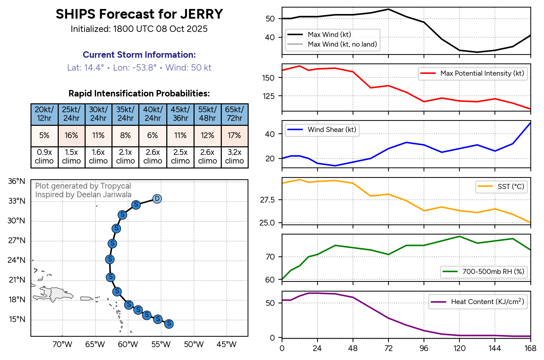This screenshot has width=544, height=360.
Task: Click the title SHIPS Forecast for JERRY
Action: [x=139, y=14]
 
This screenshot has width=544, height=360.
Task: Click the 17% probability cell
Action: [x=234, y=136]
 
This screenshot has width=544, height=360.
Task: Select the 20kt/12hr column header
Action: [x=44, y=114]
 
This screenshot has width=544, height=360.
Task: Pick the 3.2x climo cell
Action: [x=234, y=157]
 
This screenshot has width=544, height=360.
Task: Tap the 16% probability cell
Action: [x=71, y=136]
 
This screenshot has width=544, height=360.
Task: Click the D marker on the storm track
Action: [x=157, y=199]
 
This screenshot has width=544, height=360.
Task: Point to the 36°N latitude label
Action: [x=17, y=181]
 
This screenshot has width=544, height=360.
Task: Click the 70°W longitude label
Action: [x=62, y=345]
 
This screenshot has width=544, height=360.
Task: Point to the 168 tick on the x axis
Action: [x=530, y=349]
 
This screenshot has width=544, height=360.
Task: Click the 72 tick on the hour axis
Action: [x=388, y=349]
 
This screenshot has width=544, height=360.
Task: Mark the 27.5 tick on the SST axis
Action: [x=267, y=200]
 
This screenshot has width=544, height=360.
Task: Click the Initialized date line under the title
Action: [x=139, y=29]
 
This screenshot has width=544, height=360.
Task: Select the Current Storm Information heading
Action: [x=139, y=55]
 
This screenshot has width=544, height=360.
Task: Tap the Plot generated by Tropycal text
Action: [x=83, y=186]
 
